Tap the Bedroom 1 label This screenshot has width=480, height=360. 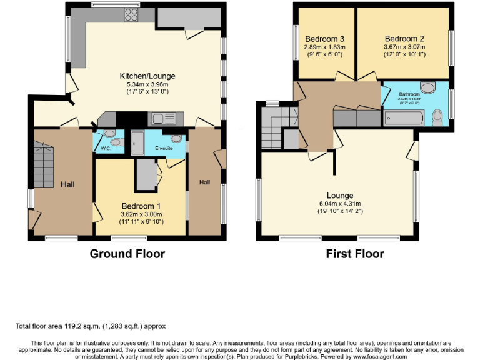point(141,206)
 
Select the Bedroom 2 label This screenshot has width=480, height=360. point(404,37)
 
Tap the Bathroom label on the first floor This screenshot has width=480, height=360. point(410,94)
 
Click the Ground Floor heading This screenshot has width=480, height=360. point(127,254)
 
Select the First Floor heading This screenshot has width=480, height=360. point(355,254)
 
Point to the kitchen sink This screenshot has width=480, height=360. point(164,117)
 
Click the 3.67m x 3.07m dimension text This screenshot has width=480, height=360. point(404,46)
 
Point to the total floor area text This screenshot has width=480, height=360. point(91,326)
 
